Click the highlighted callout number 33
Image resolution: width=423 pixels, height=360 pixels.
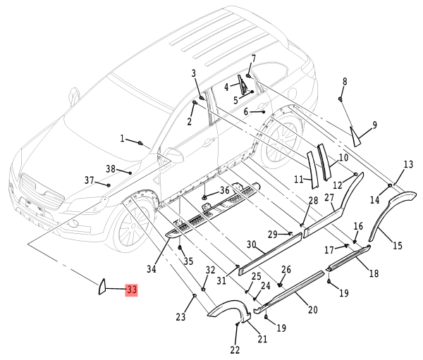point(131,290)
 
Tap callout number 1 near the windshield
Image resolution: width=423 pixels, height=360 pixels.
point(121,139)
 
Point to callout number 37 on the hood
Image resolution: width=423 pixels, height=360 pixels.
point(89,181)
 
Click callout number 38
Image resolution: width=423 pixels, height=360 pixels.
point(110,168)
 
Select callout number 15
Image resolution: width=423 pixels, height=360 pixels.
point(398,246)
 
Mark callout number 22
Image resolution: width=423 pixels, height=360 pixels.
point(234,350)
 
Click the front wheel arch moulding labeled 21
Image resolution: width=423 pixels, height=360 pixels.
point(227,311)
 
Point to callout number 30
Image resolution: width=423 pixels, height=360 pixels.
point(251,244)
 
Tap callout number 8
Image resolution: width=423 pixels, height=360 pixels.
point(345,82)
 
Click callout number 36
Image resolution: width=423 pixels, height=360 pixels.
point(224,190)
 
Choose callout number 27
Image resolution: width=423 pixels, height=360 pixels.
point(329,199)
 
